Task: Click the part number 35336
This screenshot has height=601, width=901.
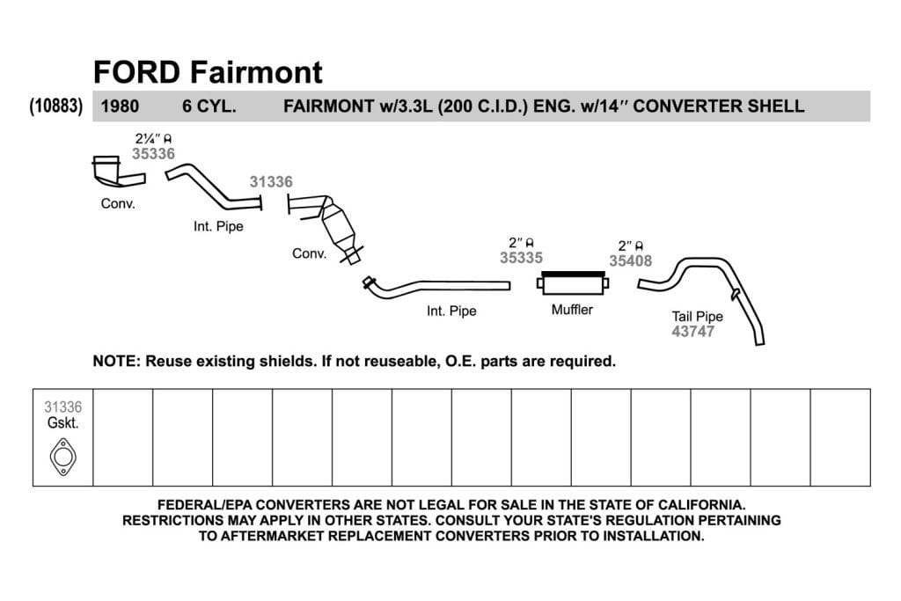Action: tap(153, 153)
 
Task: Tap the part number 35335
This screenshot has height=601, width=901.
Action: tap(521, 258)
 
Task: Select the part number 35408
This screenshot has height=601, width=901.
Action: tap(630, 260)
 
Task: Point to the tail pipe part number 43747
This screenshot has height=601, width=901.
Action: tap(693, 332)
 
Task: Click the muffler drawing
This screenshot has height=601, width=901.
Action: tap(572, 283)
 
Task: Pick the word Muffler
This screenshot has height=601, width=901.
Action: tap(572, 310)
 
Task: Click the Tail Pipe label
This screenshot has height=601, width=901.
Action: tap(698, 317)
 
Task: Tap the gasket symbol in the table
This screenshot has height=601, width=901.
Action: tap(62, 458)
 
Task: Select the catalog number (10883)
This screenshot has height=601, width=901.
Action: tap(55, 106)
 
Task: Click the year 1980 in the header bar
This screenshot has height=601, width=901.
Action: tap(120, 106)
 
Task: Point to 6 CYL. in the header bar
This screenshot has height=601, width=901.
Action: tap(209, 106)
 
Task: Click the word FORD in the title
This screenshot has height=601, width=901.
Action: tap(136, 72)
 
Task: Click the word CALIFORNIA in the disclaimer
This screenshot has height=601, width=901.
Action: tap(701, 505)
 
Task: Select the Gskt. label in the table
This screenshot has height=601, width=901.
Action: tap(62, 423)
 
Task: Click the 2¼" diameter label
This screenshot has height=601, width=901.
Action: tap(153, 138)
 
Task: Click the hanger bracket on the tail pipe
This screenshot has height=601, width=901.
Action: tap(735, 294)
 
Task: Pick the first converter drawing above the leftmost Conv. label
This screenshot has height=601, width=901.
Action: tap(116, 172)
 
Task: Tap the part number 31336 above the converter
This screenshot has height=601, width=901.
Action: tap(271, 181)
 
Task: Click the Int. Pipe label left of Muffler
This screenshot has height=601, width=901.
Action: tap(451, 311)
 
